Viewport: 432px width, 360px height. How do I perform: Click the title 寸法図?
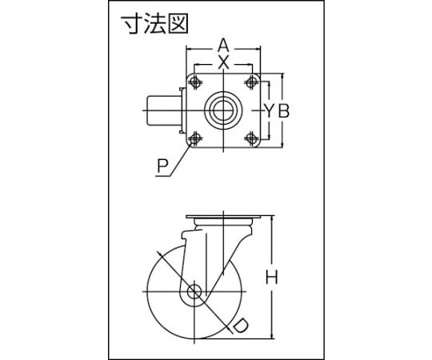click(155, 24)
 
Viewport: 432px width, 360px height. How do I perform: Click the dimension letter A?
click(223, 46)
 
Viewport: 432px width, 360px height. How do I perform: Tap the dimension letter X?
click(223, 62)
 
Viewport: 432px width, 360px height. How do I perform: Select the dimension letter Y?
click(269, 110)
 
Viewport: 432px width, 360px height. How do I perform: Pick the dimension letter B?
click(283, 110)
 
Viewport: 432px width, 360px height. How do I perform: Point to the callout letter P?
click(163, 166)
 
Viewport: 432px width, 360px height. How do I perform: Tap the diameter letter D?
click(238, 326)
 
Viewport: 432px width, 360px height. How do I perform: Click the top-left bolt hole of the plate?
click(195, 82)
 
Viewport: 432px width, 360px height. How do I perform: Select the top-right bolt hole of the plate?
click(251, 82)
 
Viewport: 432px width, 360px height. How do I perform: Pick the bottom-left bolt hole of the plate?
click(195, 138)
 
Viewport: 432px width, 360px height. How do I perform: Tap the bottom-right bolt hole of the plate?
click(251, 138)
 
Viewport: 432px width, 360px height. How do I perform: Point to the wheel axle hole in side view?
click(194, 292)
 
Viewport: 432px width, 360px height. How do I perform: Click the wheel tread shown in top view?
click(163, 110)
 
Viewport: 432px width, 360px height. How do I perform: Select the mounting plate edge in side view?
click(223, 217)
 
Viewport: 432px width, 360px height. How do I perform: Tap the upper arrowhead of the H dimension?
click(273, 218)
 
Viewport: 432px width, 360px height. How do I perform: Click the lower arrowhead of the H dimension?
click(273, 336)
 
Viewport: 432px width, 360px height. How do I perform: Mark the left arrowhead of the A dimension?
click(190, 49)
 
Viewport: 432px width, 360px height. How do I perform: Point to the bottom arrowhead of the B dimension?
click(282, 145)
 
